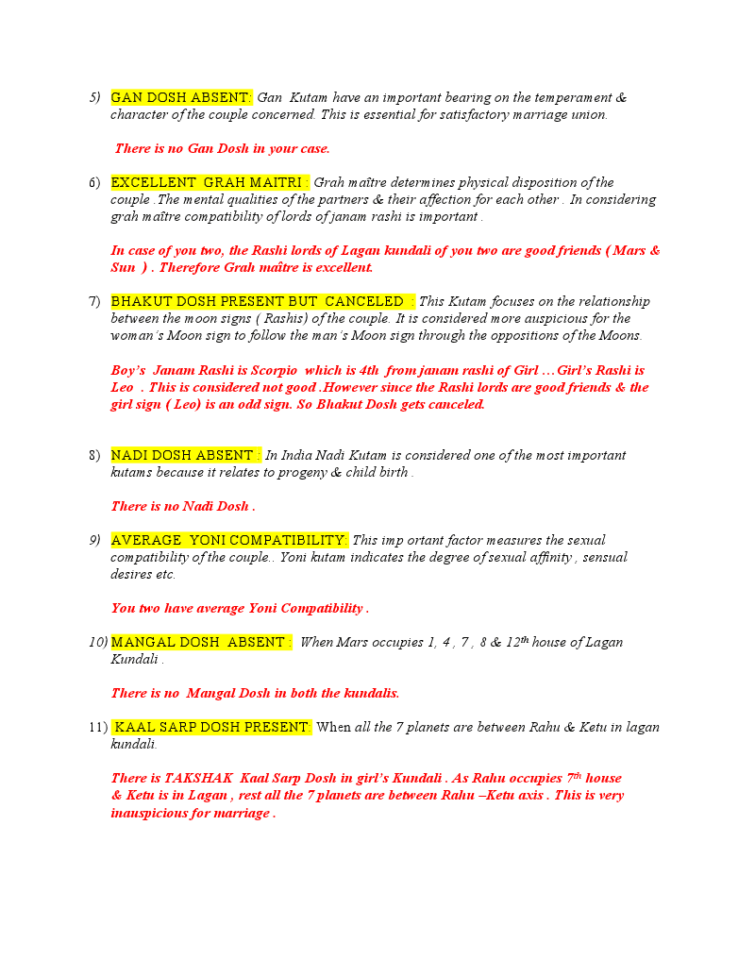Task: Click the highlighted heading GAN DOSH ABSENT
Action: [x=181, y=98]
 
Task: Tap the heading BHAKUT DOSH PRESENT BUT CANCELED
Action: [x=262, y=301]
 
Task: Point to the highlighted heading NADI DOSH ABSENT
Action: [x=186, y=455]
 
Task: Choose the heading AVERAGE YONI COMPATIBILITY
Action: [x=229, y=540]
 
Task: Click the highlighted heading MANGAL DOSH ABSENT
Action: [x=201, y=642]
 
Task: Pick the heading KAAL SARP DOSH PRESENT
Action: [x=212, y=727]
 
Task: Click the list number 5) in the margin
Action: [x=94, y=98]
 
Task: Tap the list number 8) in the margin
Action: [x=94, y=455]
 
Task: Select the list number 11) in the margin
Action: [x=97, y=727]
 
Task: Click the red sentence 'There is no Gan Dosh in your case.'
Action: [x=223, y=149]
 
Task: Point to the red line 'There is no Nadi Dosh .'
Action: [x=183, y=506]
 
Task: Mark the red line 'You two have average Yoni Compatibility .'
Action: [x=240, y=608]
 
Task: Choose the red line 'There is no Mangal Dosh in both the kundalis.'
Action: [x=255, y=693]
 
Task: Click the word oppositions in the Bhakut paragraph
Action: [x=535, y=335]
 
